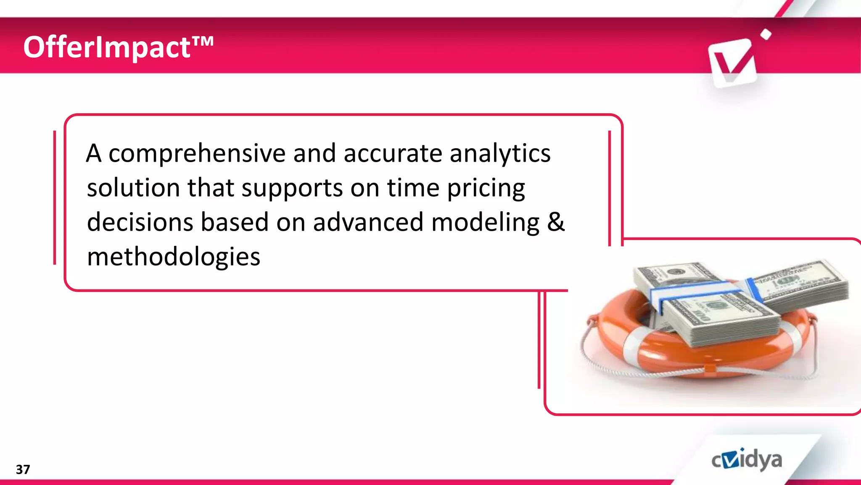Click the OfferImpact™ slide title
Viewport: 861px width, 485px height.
pyautogui.click(x=118, y=47)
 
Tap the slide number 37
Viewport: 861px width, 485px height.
pyautogui.click(x=23, y=469)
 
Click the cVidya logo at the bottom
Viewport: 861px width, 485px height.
pyautogui.click(x=747, y=460)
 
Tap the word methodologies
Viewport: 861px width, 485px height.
pyautogui.click(x=173, y=257)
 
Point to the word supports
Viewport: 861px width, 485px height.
pyautogui.click(x=292, y=189)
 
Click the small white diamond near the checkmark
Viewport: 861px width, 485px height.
pyautogui.click(x=766, y=35)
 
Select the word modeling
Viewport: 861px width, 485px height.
pyautogui.click(x=485, y=222)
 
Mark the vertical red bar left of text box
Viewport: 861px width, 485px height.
pyautogui.click(x=55, y=198)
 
